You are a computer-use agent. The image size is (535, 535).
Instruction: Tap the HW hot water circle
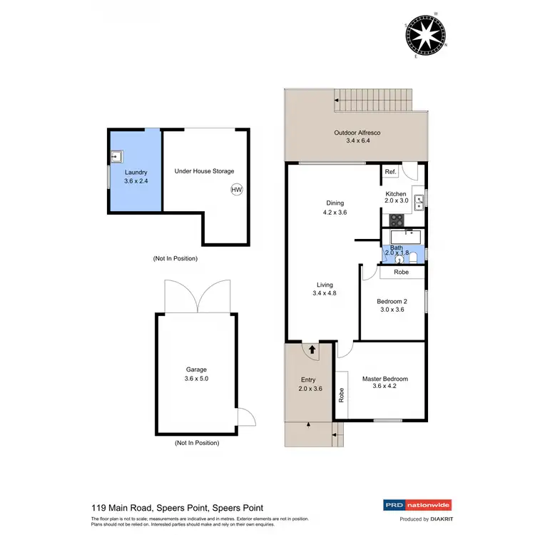(236, 189)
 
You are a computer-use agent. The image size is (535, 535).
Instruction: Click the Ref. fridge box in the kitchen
(390, 172)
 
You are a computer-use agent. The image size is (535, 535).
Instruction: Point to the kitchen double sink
(419, 201)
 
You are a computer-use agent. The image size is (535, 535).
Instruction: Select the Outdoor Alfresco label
(357, 137)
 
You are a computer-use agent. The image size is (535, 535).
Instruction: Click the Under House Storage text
(204, 171)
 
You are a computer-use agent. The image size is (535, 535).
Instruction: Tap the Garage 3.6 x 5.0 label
(196, 374)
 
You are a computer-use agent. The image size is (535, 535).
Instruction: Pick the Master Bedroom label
(384, 383)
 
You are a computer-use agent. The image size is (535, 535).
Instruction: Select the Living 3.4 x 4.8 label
(325, 289)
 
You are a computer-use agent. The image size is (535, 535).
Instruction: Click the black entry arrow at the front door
(311, 350)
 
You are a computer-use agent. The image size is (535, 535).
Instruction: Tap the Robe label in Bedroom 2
(402, 272)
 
